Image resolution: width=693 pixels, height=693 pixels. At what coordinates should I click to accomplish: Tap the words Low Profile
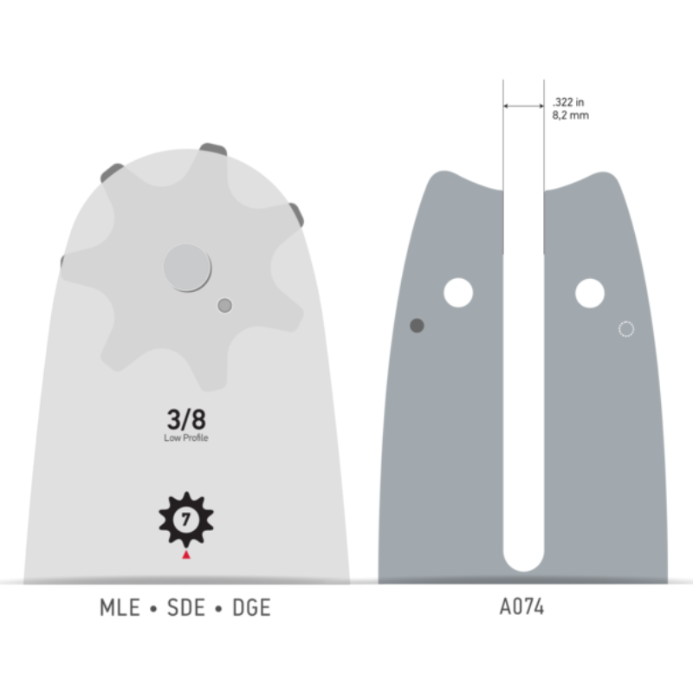point(186,438)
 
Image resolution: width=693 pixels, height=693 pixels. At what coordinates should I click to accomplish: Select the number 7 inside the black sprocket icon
point(185,520)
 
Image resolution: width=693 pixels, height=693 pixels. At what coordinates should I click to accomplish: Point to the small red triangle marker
point(185,554)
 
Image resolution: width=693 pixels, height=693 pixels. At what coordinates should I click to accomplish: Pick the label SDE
point(185,608)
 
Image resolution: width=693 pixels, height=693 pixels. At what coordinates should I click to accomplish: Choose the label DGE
point(250,608)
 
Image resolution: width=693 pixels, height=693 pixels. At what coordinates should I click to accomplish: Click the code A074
point(522,608)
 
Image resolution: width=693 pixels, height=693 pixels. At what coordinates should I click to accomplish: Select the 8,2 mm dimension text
point(570,114)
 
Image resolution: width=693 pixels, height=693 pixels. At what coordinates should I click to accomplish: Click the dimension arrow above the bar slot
point(523,107)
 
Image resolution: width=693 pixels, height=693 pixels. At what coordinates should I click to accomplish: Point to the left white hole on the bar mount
point(458,293)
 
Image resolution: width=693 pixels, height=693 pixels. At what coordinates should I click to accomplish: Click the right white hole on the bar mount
point(589,293)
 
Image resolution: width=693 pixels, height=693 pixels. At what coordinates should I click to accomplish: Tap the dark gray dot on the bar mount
point(417,326)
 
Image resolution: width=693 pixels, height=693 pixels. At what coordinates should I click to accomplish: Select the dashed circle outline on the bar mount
point(626,328)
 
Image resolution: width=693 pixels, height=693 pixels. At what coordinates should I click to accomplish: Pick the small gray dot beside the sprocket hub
point(225,305)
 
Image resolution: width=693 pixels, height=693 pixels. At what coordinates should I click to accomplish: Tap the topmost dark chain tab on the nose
point(213,149)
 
